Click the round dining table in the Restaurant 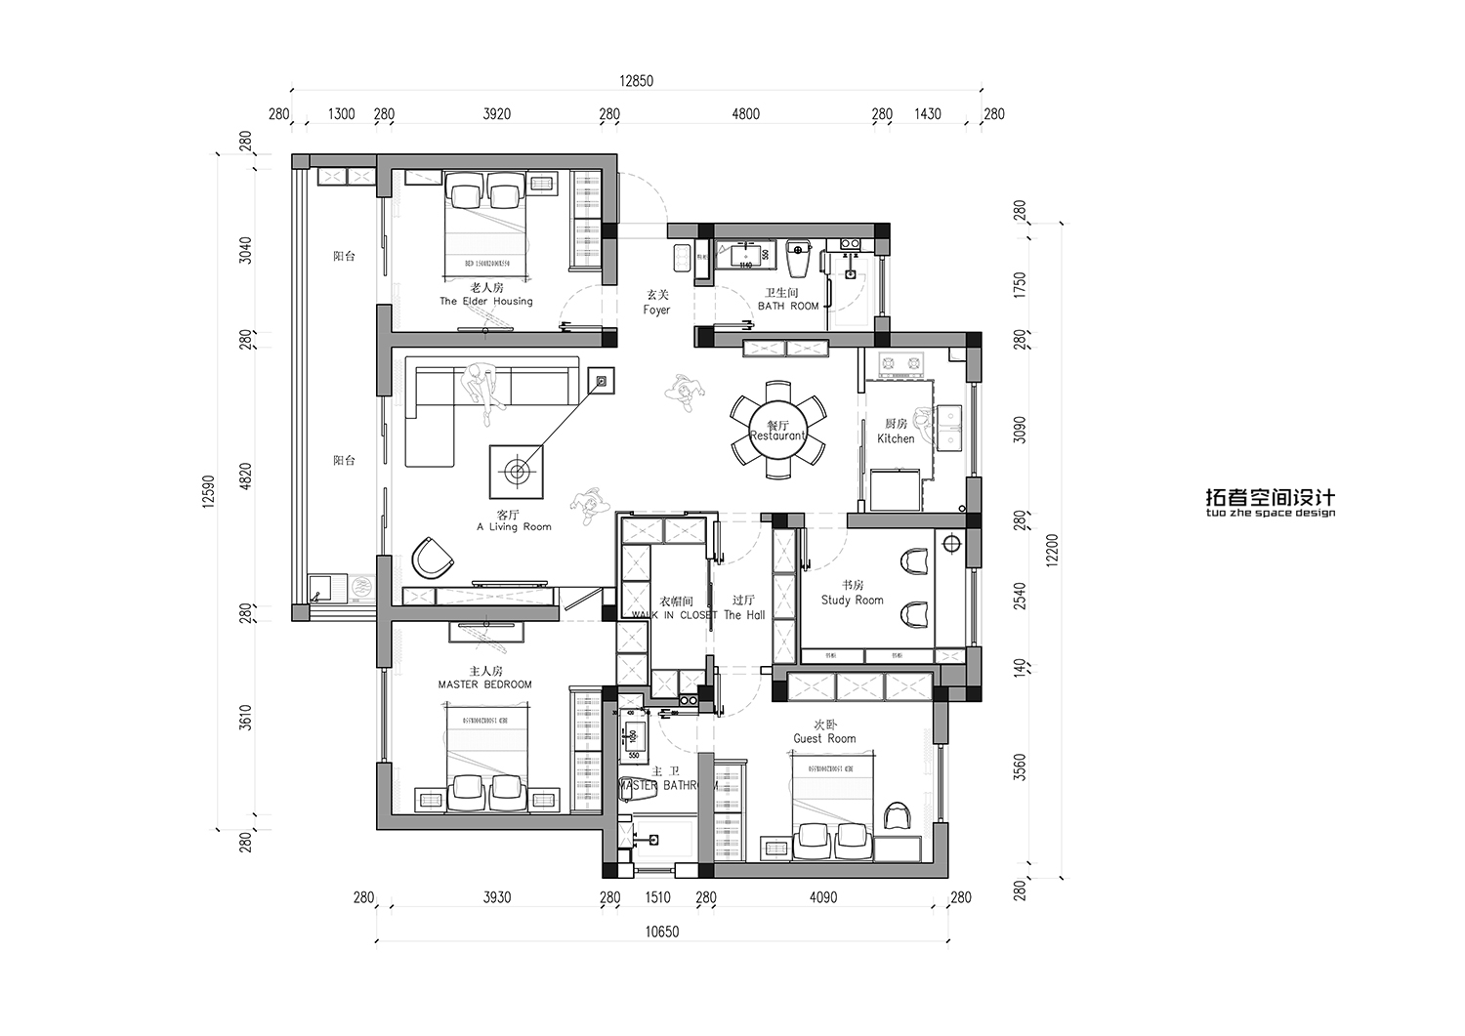[x=777, y=431]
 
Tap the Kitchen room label [x=896, y=432]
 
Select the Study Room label [x=852, y=594]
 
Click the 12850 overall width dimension [x=636, y=82]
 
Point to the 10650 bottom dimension [x=661, y=932]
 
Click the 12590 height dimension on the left [x=207, y=492]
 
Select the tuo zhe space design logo [x=1270, y=503]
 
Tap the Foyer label [x=656, y=303]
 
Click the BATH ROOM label [x=787, y=300]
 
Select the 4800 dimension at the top [x=745, y=114]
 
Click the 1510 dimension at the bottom [x=658, y=897]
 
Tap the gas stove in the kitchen [x=900, y=365]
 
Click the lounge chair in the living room [x=432, y=559]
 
